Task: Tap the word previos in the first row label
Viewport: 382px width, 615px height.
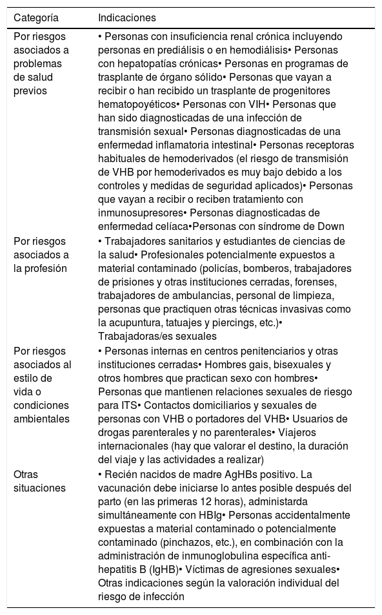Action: tap(30, 91)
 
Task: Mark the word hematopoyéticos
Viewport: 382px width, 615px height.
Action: tap(138, 103)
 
